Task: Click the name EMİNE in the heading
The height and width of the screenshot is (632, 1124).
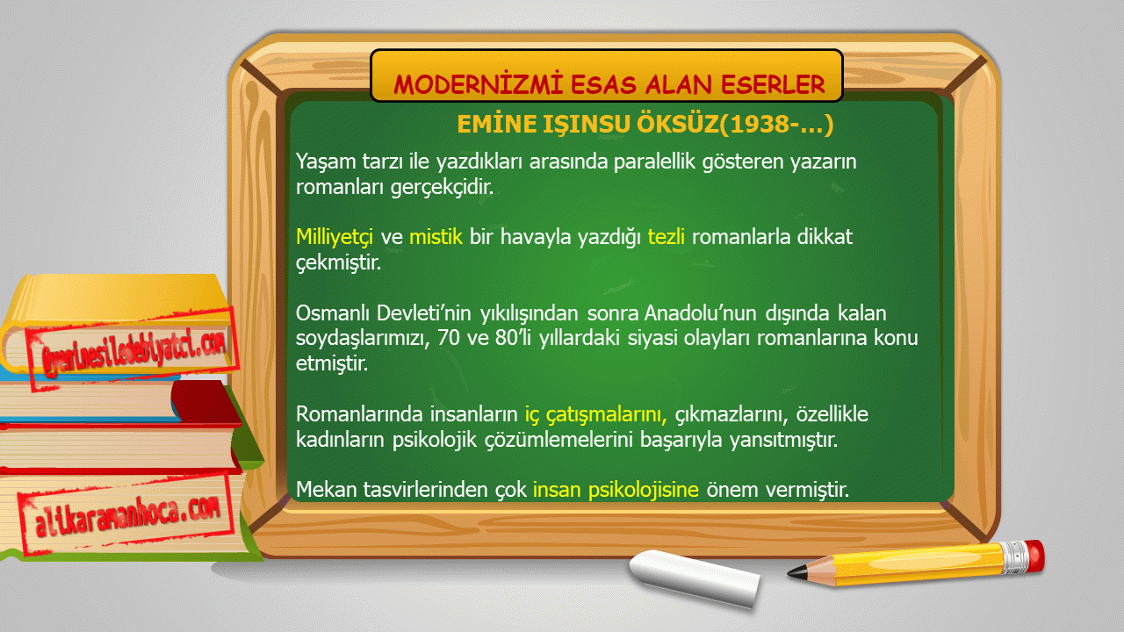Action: click(x=497, y=124)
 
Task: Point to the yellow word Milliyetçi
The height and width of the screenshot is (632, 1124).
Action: click(x=335, y=237)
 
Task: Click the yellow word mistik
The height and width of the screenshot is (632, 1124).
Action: click(x=436, y=237)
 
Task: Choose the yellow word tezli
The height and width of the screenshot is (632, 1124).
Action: click(x=666, y=237)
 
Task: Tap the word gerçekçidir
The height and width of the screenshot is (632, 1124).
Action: click(x=442, y=187)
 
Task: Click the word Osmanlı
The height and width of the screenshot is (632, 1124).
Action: click(x=332, y=313)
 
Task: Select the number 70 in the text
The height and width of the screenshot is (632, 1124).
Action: click(x=449, y=338)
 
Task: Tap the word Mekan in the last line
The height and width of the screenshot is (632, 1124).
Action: click(x=326, y=490)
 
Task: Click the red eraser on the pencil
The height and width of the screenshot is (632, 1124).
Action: click(x=1034, y=556)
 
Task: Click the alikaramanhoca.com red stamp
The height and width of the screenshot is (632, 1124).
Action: click(x=126, y=515)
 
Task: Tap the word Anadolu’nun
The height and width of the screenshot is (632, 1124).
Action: click(x=701, y=313)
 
